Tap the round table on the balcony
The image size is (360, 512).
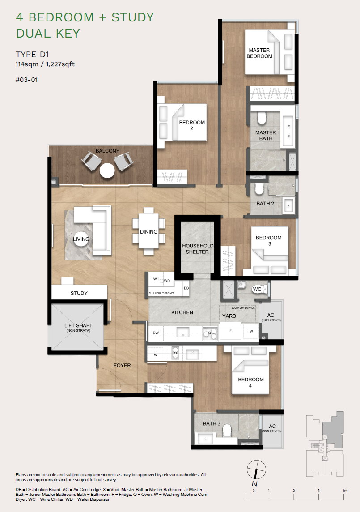coord(107,171)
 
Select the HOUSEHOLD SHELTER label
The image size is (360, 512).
coord(198,249)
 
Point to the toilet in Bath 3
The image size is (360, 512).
coord(226,430)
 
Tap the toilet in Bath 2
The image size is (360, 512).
coord(258,190)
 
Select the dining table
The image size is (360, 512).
coord(148,231)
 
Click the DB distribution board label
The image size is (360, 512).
coord(186,288)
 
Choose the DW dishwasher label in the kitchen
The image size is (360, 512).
coord(156,333)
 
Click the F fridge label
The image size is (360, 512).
coord(231,331)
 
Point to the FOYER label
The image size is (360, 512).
coord(122,366)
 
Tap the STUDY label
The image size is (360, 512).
coord(79,293)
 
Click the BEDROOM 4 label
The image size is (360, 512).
coord(251,382)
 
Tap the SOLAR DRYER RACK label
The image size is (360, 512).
coord(243,308)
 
